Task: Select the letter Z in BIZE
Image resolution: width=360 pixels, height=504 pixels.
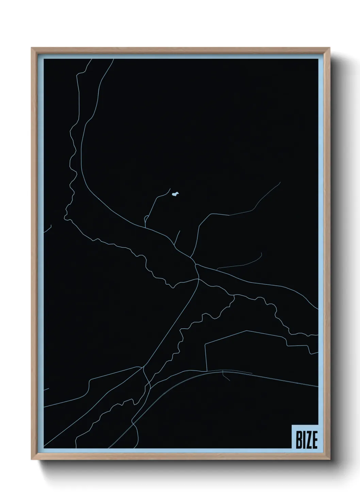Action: coord(308,441)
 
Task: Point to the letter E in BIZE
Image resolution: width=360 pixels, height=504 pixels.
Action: coord(314,441)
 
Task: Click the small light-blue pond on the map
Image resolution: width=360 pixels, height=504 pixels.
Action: coord(175,194)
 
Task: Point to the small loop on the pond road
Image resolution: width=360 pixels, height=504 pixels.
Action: coord(146,218)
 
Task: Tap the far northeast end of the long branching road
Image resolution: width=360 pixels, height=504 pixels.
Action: coord(280,182)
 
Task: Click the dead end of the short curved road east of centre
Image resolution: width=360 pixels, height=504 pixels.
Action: coord(261,253)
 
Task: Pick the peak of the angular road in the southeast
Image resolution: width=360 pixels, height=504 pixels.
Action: coord(246,330)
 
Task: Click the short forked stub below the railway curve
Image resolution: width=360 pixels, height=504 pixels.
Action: coord(224,376)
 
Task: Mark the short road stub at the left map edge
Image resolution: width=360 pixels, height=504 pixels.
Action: coord(47,227)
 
